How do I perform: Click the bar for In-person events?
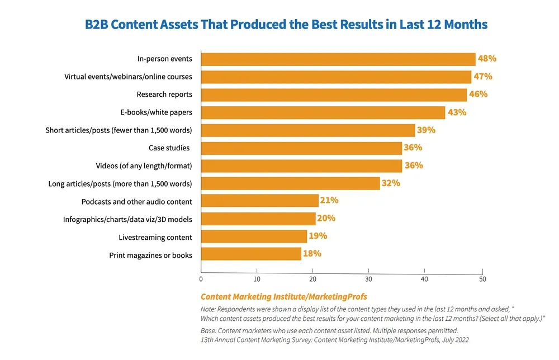coord(338,59)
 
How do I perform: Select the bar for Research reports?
coord(334,94)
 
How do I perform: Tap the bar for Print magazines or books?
coord(251,254)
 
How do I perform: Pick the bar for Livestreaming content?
coord(254,236)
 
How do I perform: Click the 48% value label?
coord(487,58)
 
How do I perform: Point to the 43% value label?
coord(457,112)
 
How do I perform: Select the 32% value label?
coord(391,183)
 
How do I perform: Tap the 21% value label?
coord(329,200)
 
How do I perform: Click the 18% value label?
coord(312,253)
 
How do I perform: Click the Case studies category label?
coord(169,148)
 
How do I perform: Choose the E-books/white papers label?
coord(156,112)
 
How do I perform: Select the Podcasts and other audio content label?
coord(136,201)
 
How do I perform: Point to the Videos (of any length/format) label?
coord(144,166)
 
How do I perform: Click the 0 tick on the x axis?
coord(201,279)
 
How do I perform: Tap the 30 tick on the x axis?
coord(368,279)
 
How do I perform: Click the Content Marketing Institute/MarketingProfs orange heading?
coord(283,296)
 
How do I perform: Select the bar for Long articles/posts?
coord(290,183)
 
